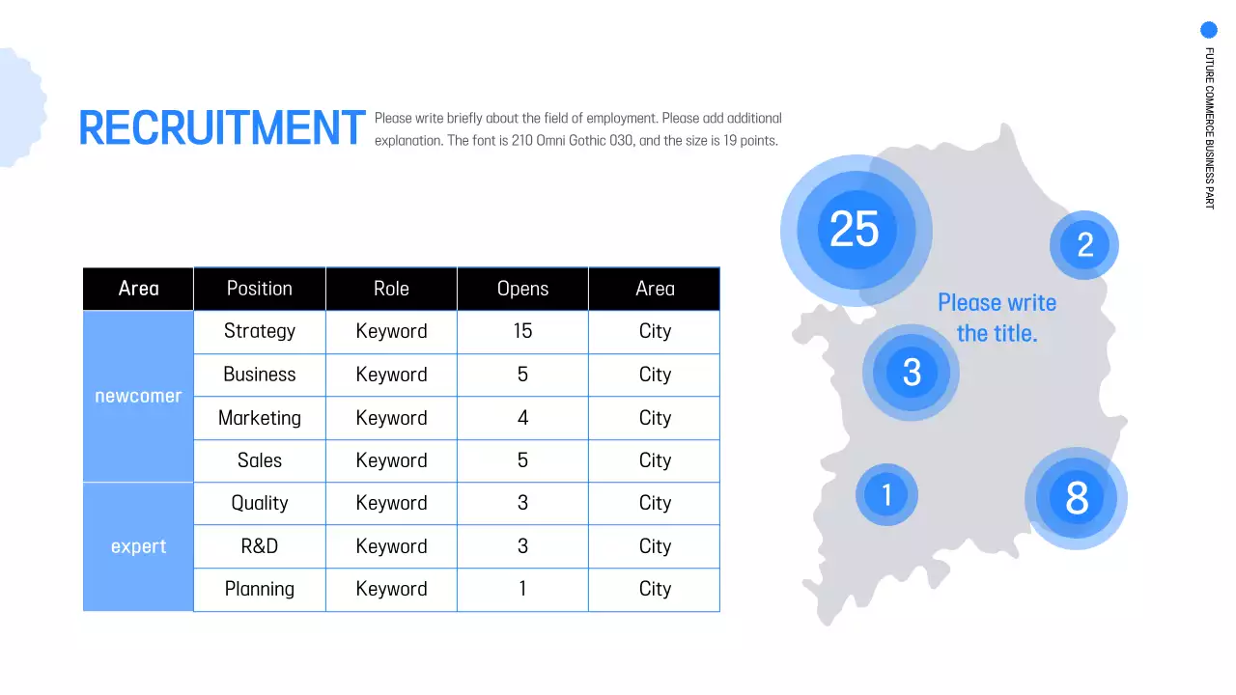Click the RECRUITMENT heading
point(221,128)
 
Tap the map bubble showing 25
point(855,230)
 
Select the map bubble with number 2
point(1084,245)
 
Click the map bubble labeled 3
point(912,373)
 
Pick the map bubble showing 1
point(886,495)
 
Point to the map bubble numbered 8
point(1076,498)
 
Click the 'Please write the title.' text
point(997,318)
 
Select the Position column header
point(259,289)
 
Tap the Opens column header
point(522,289)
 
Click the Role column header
point(391,289)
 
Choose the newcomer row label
point(138,397)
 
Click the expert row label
point(138,546)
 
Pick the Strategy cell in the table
point(259,331)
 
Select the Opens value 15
point(522,331)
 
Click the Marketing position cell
point(259,418)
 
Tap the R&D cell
point(259,546)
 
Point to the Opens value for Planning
point(522,589)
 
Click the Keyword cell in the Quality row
point(391,503)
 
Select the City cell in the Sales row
point(655,460)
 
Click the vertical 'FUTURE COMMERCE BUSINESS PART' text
point(1209,127)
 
